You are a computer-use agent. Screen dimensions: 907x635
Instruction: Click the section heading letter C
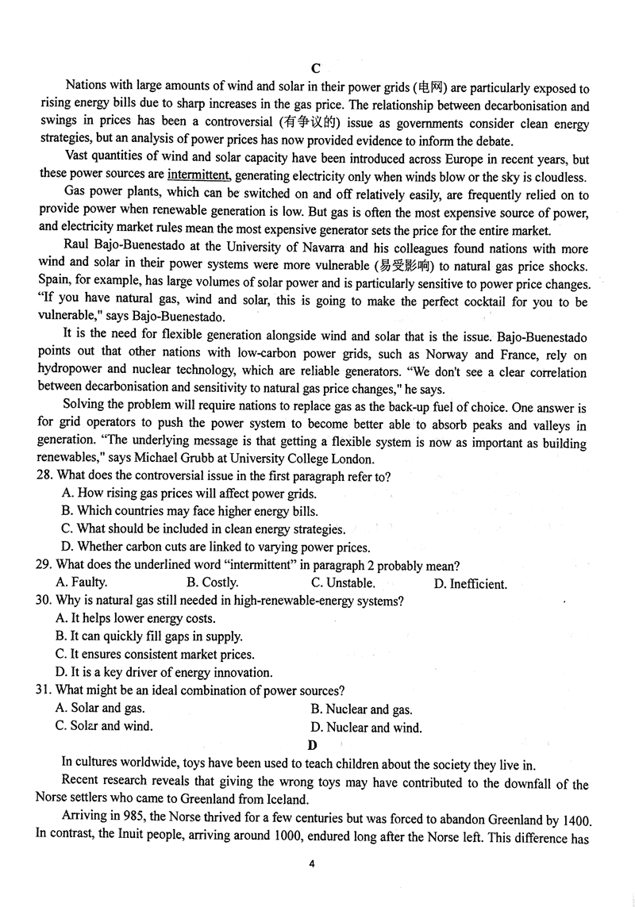(x=316, y=68)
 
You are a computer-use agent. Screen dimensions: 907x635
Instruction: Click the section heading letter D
(x=313, y=745)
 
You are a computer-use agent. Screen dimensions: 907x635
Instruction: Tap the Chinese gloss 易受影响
(x=406, y=266)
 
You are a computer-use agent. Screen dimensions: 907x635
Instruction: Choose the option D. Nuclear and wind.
(x=366, y=727)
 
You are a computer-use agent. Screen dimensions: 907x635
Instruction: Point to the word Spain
(x=54, y=283)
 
